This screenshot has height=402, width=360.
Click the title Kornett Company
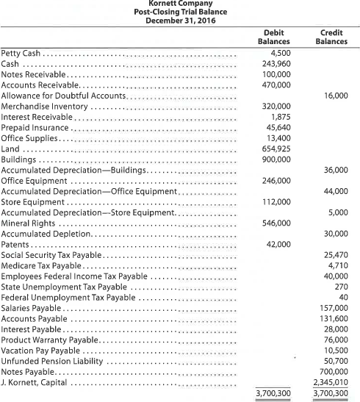(180, 4)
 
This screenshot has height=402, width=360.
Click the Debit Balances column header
(273, 37)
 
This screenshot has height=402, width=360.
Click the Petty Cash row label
(21, 53)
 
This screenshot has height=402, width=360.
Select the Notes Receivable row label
(35, 74)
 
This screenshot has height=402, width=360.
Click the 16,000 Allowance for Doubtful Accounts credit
(336, 96)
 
